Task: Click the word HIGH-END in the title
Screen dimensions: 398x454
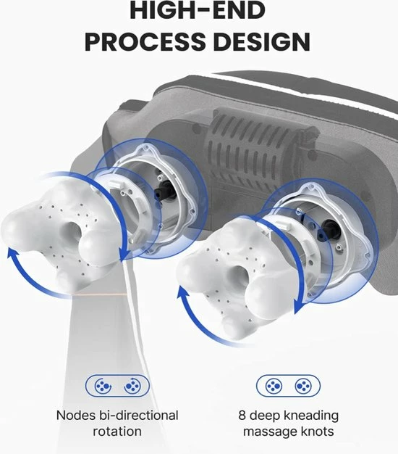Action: pyautogui.click(x=198, y=10)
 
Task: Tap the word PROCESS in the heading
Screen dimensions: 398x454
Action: pyautogui.click(x=144, y=41)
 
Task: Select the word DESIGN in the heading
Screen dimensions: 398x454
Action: pyautogui.click(x=262, y=41)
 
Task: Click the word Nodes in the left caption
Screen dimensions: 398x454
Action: pyautogui.click(x=76, y=416)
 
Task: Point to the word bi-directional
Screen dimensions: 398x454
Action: pyautogui.click(x=138, y=416)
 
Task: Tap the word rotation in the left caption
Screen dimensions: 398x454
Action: pyautogui.click(x=117, y=432)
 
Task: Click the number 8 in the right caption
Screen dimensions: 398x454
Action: pyautogui.click(x=242, y=416)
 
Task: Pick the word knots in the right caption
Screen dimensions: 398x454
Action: pyautogui.click(x=318, y=432)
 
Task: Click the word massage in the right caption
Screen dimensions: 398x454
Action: pyautogui.click(x=270, y=432)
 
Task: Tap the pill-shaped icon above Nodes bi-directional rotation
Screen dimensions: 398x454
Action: pyautogui.click(x=117, y=386)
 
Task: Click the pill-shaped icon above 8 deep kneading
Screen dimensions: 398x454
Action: pyautogui.click(x=288, y=386)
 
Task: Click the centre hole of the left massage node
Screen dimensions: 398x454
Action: pyautogui.click(x=71, y=233)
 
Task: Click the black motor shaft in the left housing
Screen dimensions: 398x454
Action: pyautogui.click(x=165, y=190)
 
